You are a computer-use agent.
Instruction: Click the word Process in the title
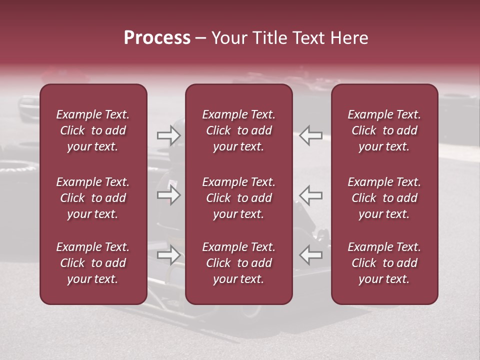(157, 38)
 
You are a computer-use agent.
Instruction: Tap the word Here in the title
(349, 38)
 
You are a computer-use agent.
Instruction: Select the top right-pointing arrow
(168, 134)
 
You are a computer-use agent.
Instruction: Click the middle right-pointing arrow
(168, 195)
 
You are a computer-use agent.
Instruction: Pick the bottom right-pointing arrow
(168, 255)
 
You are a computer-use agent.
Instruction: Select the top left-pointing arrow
(311, 134)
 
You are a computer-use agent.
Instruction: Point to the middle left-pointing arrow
(311, 195)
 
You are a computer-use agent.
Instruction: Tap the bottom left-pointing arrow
(311, 255)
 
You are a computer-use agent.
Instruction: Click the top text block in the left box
(93, 130)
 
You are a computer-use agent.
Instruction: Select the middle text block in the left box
(93, 198)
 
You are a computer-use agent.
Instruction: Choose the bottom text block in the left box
(93, 263)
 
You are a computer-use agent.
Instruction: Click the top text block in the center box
(239, 130)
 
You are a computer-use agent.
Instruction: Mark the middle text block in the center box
(239, 198)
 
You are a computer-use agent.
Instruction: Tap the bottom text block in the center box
(239, 263)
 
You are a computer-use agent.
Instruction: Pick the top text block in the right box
(384, 130)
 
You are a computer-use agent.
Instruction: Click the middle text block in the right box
(384, 198)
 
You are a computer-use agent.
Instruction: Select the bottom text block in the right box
(384, 263)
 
